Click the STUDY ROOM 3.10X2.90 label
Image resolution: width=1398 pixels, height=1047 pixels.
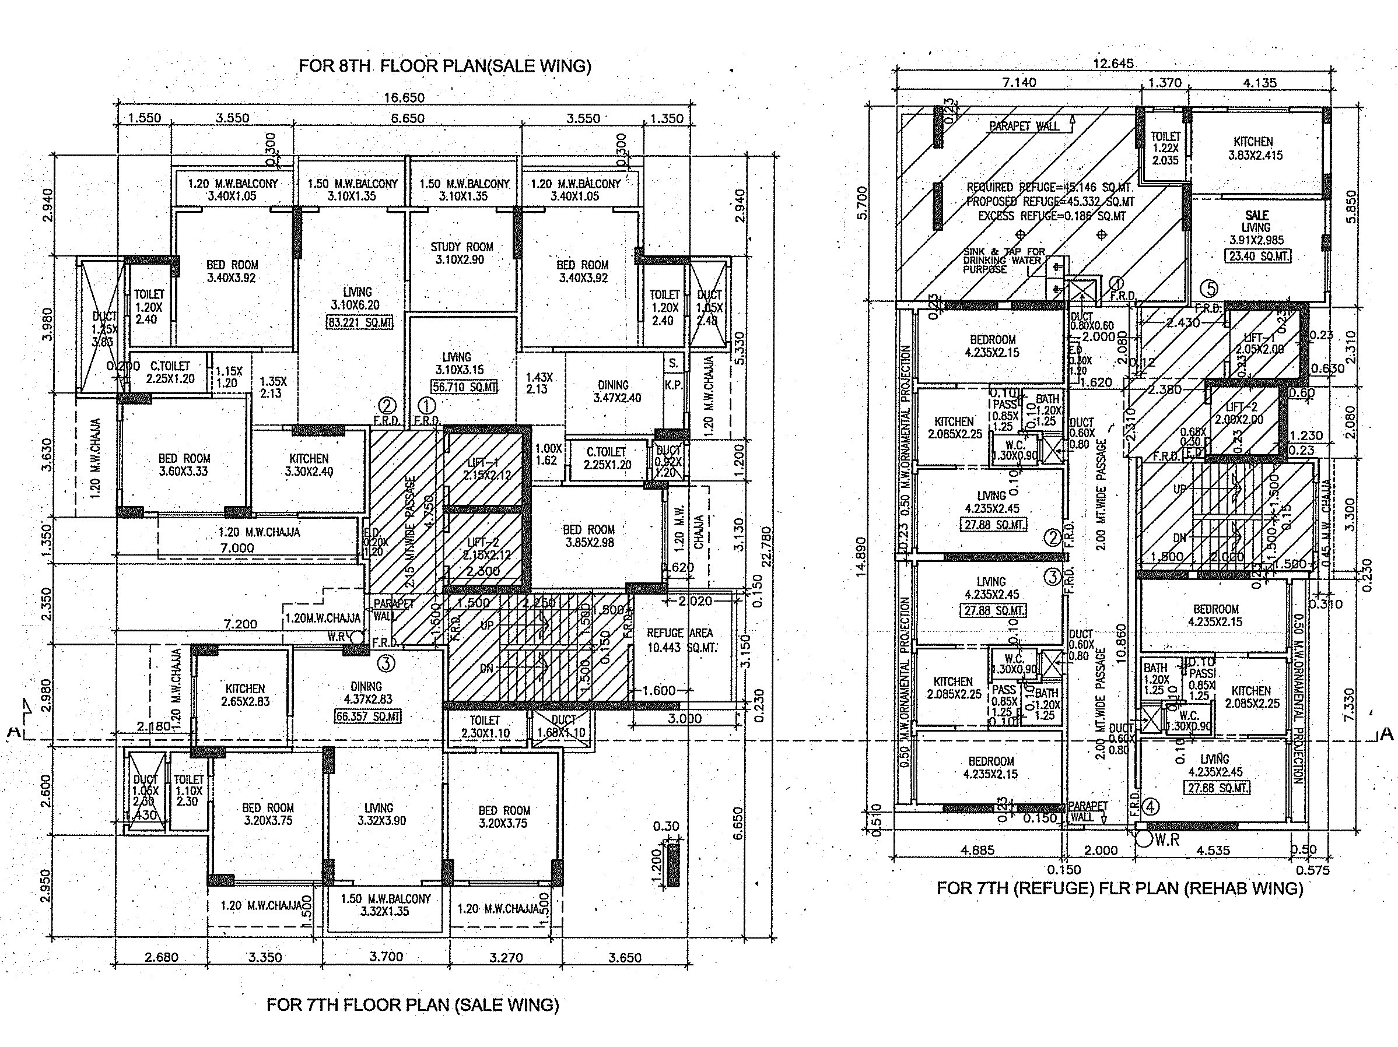point(461,253)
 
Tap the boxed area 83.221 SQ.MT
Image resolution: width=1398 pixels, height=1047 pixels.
point(360,323)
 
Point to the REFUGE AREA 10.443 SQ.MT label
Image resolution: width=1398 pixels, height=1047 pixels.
point(679,640)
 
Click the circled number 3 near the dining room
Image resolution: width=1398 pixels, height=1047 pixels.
point(386,663)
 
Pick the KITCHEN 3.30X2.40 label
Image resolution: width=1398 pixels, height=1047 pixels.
point(309,465)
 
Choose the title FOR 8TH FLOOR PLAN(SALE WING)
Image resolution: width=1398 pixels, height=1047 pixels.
point(444,66)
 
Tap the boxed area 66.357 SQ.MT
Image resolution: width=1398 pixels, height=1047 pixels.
point(368,716)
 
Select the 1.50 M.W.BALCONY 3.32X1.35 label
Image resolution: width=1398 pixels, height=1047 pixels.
point(385,905)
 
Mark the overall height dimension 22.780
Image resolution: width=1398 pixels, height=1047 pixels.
point(766,547)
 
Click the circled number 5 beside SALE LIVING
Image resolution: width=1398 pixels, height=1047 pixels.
point(1208,289)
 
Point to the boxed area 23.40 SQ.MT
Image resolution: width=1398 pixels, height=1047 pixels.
point(1257,257)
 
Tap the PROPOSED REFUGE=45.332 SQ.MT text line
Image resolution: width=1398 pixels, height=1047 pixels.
point(1050,202)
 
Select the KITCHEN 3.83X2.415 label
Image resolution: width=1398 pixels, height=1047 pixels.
point(1255,149)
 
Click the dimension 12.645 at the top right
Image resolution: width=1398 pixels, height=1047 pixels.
point(1113,63)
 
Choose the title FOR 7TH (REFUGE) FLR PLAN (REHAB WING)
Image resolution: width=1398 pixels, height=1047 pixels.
point(1120,888)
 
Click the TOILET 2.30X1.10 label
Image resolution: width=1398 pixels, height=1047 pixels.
point(485,726)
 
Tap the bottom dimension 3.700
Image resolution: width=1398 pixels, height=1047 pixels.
point(386,956)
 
